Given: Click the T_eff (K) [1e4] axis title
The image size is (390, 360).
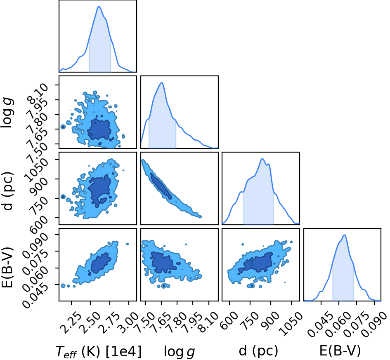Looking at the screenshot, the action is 99,352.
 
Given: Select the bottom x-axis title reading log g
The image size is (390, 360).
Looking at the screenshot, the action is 180,352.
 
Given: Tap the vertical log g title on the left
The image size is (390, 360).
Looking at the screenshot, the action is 7,113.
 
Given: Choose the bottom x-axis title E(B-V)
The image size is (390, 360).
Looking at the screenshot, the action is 340,351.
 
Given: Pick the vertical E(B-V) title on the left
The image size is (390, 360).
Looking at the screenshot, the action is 7,267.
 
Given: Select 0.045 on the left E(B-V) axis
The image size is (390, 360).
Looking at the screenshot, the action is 35,296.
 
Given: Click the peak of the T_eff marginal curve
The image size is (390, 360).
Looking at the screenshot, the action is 99,7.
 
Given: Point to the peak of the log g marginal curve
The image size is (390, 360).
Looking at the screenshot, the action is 162,83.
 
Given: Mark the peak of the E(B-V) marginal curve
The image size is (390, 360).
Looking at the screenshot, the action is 345,235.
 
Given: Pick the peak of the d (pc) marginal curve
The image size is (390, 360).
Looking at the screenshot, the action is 262,159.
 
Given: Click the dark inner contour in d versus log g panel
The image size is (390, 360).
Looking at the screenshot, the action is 161,186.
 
